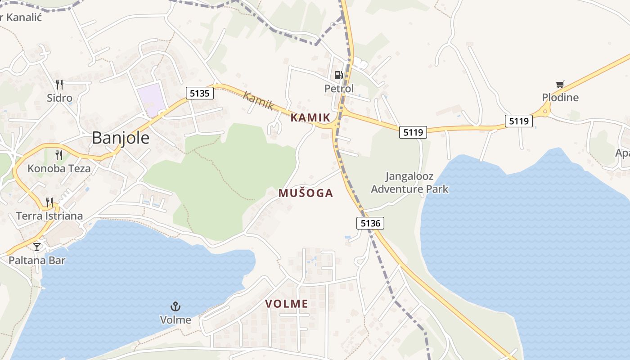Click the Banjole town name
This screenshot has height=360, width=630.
click(x=121, y=138)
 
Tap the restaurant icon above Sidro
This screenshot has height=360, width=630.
click(x=59, y=84)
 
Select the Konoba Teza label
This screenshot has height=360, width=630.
click(x=59, y=169)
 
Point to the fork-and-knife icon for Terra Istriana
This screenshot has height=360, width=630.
click(x=49, y=202)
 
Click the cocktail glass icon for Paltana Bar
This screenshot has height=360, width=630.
click(x=37, y=247)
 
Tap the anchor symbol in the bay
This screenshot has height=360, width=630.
click(x=175, y=307)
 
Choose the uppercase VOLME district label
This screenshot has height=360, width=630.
click(x=287, y=304)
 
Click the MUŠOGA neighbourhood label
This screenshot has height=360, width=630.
click(x=306, y=193)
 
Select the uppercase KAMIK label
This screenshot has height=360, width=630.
click(x=310, y=118)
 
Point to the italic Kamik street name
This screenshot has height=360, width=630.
click(x=258, y=100)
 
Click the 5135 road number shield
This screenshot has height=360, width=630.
click(x=199, y=93)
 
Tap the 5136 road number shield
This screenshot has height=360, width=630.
click(x=370, y=223)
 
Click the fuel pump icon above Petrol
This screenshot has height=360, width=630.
click(x=338, y=75)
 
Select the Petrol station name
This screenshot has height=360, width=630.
click(x=339, y=89)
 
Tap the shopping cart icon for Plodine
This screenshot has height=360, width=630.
click(x=560, y=84)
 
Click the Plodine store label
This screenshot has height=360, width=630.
click(x=560, y=98)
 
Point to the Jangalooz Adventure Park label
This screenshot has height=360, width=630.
click(x=409, y=182)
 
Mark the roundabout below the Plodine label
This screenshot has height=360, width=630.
click(x=545, y=111)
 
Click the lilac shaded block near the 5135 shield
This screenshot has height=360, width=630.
click(x=151, y=99)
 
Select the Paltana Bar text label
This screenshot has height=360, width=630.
click(x=37, y=260)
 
